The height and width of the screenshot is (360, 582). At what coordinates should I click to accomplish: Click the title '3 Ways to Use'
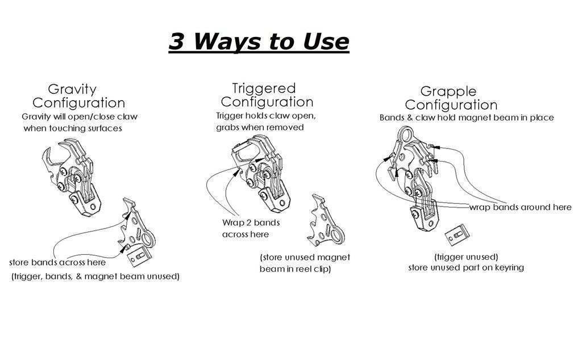point(259,41)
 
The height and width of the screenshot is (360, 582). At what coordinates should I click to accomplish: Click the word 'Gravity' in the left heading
point(72,89)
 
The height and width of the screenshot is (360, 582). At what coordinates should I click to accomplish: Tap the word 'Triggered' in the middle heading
point(264,88)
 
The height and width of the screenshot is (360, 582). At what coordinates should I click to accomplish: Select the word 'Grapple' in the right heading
point(448,92)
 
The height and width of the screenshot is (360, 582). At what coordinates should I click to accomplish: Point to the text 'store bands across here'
point(57,262)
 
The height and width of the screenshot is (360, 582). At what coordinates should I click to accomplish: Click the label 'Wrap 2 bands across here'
point(251,229)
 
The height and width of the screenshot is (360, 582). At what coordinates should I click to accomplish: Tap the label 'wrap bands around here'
point(521,207)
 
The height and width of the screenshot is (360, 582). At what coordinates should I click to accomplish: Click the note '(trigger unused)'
point(466,257)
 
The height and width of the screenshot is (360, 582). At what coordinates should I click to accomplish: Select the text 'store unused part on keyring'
point(466,267)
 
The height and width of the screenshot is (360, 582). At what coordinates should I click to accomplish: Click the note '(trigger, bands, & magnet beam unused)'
point(95,276)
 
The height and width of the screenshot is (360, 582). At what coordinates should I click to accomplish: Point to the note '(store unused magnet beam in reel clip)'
point(305,263)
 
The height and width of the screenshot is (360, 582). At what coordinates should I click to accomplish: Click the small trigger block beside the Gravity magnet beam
point(140,256)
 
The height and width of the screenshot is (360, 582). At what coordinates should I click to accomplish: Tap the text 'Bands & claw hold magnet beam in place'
point(467,118)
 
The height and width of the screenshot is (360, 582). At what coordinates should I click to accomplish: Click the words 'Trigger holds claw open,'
point(266,116)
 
